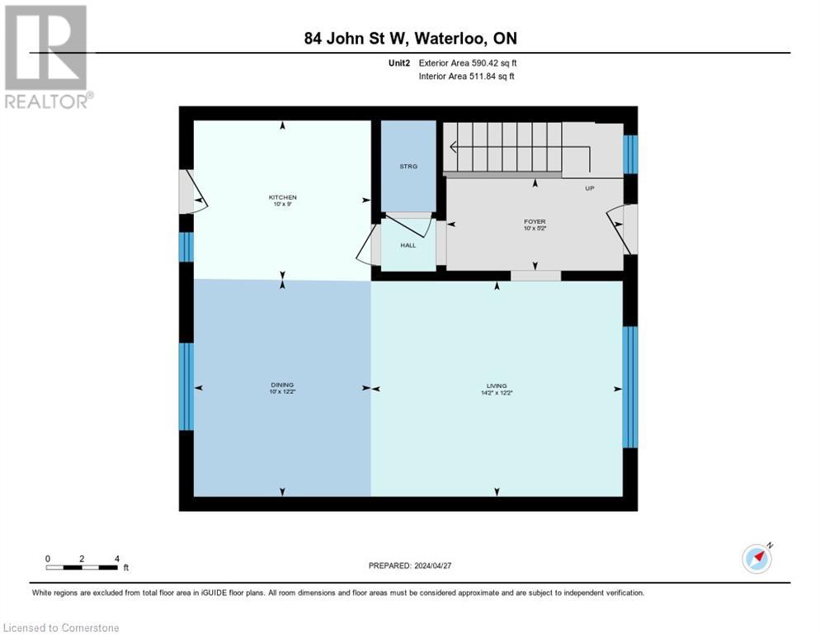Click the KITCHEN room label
(282, 197)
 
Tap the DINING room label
(282, 386)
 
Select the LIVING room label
(497, 386)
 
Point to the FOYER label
(535, 222)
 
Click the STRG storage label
(408, 167)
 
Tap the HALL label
(408, 245)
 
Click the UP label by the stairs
(590, 188)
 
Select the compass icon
(756, 558)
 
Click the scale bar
(82, 567)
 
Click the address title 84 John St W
(409, 38)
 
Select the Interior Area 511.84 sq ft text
(467, 76)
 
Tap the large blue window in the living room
(629, 387)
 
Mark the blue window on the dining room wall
(186, 386)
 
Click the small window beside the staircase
(630, 154)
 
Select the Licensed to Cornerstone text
(61, 628)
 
